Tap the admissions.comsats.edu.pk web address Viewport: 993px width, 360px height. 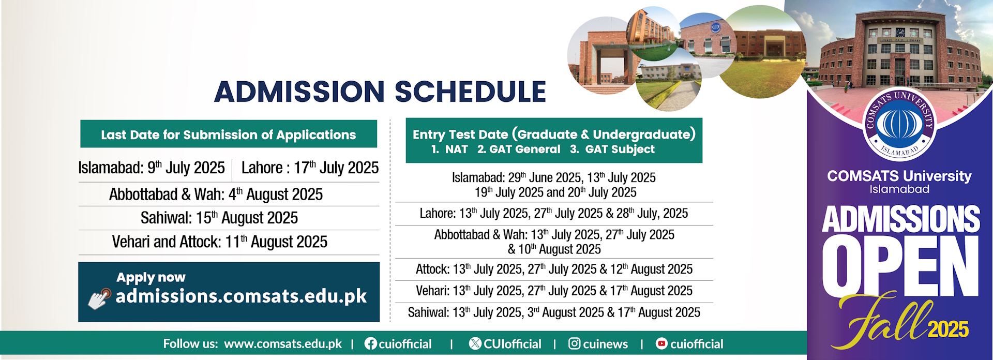click(241, 296)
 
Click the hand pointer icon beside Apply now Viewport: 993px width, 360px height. click(99, 298)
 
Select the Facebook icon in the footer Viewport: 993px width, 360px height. click(370, 344)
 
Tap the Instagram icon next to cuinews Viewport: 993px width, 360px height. click(574, 344)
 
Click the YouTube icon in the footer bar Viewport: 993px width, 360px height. click(661, 344)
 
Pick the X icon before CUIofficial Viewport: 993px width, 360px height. click(475, 344)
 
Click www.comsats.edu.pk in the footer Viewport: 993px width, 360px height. click(283, 344)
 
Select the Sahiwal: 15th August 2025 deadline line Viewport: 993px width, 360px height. click(219, 218)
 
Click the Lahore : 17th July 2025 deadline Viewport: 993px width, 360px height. click(310, 168)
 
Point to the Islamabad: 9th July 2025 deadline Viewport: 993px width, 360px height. click(152, 168)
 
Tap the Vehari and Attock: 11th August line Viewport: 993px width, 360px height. click(219, 242)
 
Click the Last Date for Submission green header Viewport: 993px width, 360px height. click(228, 134)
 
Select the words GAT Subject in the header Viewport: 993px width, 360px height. click(620, 149)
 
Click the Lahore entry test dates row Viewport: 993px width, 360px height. click(553, 214)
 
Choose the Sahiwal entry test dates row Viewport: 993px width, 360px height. click(553, 312)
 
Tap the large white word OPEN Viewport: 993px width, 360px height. click(900, 267)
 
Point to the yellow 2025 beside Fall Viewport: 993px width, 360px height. click(948, 329)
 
